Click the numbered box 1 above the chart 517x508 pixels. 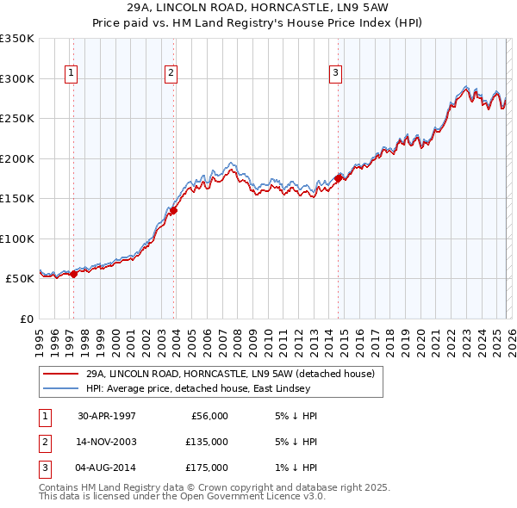point(70,73)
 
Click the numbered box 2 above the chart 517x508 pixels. point(171,73)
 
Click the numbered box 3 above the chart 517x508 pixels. point(334,73)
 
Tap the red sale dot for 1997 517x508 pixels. point(73,274)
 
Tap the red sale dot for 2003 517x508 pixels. point(174,209)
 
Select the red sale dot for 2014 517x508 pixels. point(338,178)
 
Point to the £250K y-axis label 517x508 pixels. point(16,119)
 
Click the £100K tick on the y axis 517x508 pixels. point(16,239)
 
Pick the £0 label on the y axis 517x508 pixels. point(24,319)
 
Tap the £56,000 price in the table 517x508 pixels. point(209,416)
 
